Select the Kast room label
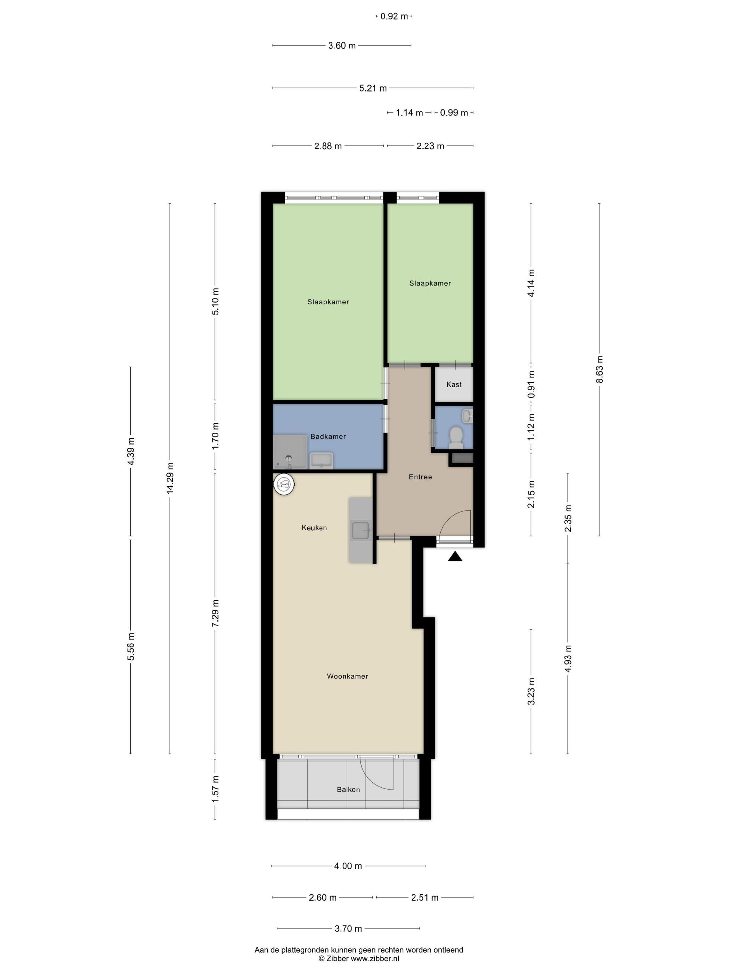[x=454, y=384]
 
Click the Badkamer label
[x=328, y=436]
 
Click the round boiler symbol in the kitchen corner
[x=284, y=485]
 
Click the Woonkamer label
[x=347, y=676]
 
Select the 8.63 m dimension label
[x=599, y=369]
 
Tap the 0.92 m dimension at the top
[x=394, y=17]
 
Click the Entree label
[x=420, y=477]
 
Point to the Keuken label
[x=314, y=527]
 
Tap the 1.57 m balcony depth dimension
[x=215, y=789]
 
